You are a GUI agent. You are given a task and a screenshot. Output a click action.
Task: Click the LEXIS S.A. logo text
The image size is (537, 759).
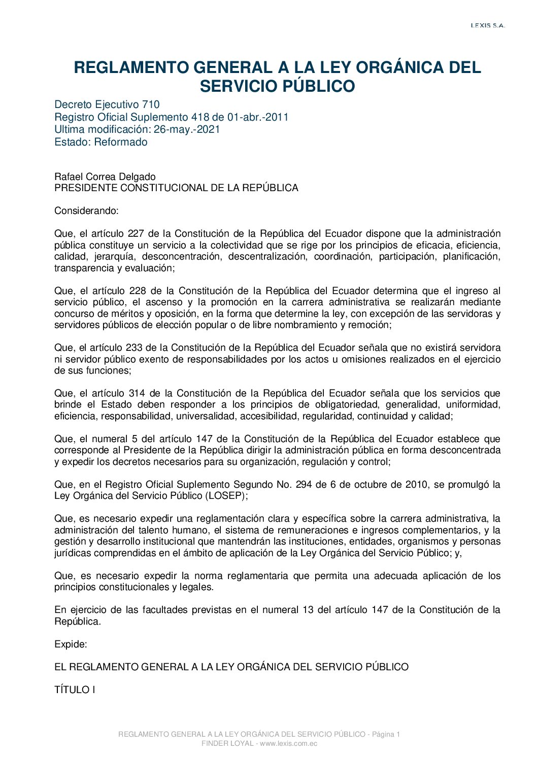click(x=488, y=25)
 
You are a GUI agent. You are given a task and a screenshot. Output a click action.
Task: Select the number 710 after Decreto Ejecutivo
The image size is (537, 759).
click(x=151, y=104)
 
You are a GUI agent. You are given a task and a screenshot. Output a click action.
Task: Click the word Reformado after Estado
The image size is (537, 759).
click(x=121, y=142)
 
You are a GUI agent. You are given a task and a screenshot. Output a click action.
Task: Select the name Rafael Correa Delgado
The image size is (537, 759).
click(x=105, y=176)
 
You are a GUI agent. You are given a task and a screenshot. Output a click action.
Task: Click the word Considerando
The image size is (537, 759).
click(x=86, y=210)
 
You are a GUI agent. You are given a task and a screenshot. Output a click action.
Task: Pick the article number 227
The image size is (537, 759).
click(x=136, y=234)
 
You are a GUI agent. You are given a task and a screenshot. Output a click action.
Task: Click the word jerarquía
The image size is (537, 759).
click(x=114, y=257)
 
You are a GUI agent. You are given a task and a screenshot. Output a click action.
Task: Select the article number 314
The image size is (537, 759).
click(x=137, y=393)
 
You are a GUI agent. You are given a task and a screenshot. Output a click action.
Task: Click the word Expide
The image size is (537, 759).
click(x=71, y=644)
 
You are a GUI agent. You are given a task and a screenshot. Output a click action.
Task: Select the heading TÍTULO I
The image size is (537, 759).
click(x=75, y=690)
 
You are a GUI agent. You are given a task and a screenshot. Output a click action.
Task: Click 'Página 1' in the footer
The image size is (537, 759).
click(x=386, y=734)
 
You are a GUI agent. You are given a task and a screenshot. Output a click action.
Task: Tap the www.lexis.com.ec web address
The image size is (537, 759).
click(x=288, y=743)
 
